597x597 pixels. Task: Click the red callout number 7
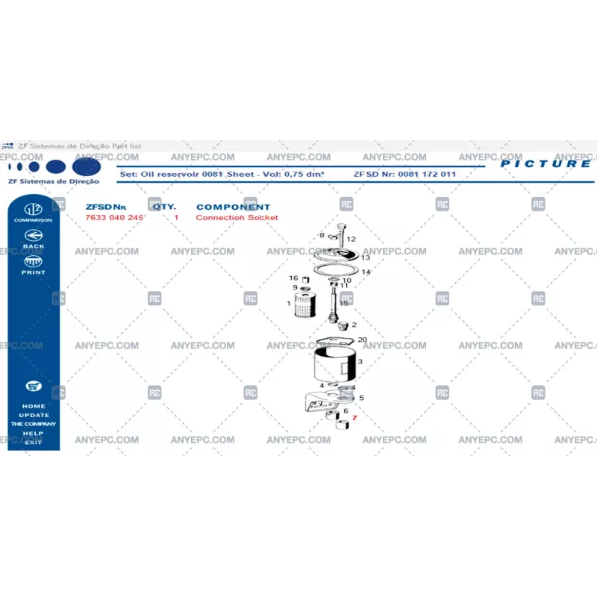354,419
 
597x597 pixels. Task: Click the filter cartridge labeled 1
302,304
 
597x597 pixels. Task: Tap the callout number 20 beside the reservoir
363,340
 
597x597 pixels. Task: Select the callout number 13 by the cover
365,257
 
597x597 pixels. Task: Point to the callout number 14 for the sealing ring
366,272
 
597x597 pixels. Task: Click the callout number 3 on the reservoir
360,363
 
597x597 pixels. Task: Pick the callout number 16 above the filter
293,278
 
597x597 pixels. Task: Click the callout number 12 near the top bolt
351,240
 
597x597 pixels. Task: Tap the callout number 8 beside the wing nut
322,235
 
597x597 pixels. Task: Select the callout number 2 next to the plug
354,325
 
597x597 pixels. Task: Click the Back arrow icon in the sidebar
33,234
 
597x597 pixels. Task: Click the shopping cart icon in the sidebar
33,386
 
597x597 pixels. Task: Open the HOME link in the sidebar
33,407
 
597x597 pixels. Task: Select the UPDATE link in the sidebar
34,416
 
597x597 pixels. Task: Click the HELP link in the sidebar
33,434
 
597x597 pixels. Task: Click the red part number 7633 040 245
114,218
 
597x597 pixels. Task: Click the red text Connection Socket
237,218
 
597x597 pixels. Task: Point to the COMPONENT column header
233,207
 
